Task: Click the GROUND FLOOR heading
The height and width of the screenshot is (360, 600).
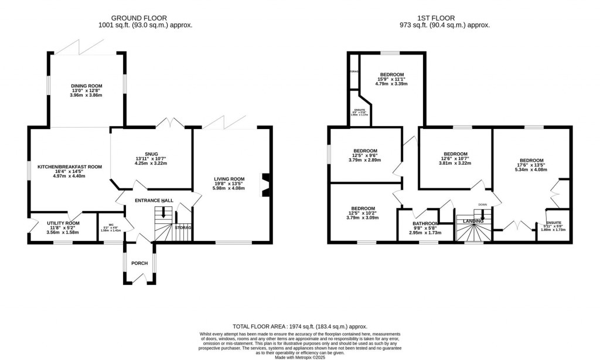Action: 145,18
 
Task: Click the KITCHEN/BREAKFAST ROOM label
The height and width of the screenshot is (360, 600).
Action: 70,167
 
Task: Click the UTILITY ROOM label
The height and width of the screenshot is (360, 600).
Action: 63,223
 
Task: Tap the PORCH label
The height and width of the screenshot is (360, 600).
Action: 139,263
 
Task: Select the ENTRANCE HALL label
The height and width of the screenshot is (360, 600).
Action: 154,201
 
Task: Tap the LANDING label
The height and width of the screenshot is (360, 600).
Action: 473,221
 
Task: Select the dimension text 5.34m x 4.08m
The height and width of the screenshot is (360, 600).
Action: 531,170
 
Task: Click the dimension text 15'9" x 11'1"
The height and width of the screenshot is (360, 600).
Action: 392,79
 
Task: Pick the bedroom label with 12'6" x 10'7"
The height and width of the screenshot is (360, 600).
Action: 455,153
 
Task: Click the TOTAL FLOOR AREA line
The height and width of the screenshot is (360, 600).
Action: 299,326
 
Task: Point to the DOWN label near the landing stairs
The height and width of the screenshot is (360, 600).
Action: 482,205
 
